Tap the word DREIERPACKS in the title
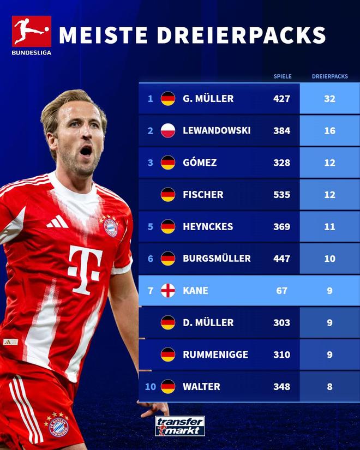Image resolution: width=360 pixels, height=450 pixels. (x=241, y=35)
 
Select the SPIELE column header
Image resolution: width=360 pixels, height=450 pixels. (x=282, y=76)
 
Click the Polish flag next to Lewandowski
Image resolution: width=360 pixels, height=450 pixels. (x=168, y=131)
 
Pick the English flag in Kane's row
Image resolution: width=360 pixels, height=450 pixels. (x=168, y=291)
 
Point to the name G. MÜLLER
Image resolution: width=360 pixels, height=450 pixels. (x=208, y=99)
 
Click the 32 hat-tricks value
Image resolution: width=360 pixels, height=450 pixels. (x=329, y=99)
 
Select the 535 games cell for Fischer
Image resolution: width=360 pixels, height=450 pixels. (x=281, y=195)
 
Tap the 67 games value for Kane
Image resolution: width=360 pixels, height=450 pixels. (x=281, y=291)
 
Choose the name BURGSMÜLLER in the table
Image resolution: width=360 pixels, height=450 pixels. (x=217, y=259)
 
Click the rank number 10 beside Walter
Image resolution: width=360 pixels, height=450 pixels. (x=151, y=387)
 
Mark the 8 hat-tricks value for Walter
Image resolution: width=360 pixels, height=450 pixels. (x=329, y=387)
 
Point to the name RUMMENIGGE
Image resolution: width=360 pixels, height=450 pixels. (x=215, y=355)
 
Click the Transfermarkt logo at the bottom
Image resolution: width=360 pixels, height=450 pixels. (x=179, y=426)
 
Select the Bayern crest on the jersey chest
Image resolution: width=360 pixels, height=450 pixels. (x=111, y=226)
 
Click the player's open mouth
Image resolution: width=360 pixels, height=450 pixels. (x=86, y=151)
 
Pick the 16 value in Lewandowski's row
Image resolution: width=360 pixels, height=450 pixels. (x=329, y=131)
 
